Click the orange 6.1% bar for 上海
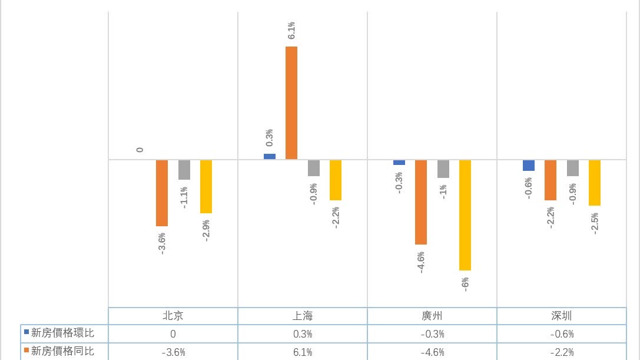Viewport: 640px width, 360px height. click(x=291, y=103)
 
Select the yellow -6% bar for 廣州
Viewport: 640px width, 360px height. click(x=465, y=215)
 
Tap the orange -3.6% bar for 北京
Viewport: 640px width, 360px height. click(x=161, y=193)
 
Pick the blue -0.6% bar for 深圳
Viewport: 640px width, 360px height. click(x=528, y=166)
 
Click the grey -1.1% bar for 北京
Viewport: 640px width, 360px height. click(x=184, y=170)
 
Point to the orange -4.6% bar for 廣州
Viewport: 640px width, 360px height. click(x=420, y=202)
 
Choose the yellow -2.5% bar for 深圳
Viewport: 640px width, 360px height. click(x=594, y=183)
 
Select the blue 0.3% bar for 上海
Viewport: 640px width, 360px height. click(x=269, y=157)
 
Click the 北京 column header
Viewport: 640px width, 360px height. click(x=173, y=316)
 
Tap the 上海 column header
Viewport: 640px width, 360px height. click(x=303, y=316)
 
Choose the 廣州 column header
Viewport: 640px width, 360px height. click(x=432, y=316)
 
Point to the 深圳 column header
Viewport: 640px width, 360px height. click(x=562, y=316)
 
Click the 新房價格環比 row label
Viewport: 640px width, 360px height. click(x=62, y=333)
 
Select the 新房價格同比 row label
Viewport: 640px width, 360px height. click(x=62, y=352)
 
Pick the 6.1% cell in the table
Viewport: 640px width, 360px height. click(x=303, y=352)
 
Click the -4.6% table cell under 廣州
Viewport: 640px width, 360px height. click(x=432, y=352)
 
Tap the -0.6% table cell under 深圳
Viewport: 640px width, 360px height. click(x=562, y=334)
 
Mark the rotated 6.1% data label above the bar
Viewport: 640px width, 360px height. click(x=291, y=30)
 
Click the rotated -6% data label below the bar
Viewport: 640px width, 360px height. click(x=465, y=284)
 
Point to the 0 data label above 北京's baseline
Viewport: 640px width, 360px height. click(x=140, y=150)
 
